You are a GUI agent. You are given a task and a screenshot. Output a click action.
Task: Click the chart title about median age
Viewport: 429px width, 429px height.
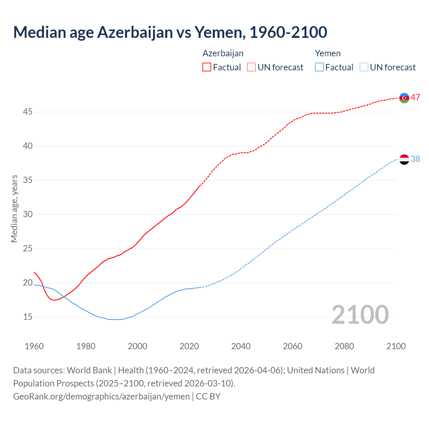[x=170, y=32]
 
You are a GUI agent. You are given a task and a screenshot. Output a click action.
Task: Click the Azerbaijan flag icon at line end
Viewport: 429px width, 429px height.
[x=404, y=98]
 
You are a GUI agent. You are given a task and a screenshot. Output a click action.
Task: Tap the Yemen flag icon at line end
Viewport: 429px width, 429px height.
[x=404, y=159]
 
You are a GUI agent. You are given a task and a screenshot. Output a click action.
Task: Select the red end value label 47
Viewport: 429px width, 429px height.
[x=415, y=98]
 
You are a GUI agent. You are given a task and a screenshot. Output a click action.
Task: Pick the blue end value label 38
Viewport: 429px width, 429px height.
[x=415, y=159]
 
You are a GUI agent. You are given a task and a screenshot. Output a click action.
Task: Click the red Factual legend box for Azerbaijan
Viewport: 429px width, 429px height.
[x=207, y=67]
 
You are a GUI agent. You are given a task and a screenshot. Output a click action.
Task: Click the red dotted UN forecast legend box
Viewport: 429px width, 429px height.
[x=251, y=67]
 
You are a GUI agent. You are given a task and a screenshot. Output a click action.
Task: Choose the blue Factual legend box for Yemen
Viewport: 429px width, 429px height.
[x=319, y=67]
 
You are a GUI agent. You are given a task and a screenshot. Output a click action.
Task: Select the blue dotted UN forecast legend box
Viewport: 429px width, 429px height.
[x=364, y=67]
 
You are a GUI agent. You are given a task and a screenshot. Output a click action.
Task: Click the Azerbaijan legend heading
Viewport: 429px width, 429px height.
[x=223, y=53]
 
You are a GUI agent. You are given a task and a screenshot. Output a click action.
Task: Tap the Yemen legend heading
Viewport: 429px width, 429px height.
[x=327, y=53]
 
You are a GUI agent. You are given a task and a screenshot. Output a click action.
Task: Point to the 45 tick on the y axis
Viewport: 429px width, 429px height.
[x=27, y=112]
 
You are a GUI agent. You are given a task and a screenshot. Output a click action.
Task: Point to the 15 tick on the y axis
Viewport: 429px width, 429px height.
[x=27, y=317]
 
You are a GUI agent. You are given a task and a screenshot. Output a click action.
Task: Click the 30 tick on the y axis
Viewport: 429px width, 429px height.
[x=27, y=214]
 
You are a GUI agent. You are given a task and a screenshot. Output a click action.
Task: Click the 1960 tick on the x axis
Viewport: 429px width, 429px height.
[x=34, y=346]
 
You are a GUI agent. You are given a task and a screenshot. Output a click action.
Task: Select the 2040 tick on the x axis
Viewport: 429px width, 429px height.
[x=241, y=346]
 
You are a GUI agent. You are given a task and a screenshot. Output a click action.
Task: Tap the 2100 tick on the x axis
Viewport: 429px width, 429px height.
[x=396, y=346]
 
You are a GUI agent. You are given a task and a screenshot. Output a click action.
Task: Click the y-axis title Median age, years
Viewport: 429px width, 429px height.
[x=14, y=208]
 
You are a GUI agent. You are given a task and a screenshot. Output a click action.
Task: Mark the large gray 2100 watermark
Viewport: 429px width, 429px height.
[x=360, y=315]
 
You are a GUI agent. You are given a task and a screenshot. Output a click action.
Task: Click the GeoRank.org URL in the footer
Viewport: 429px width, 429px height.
[x=101, y=396]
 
